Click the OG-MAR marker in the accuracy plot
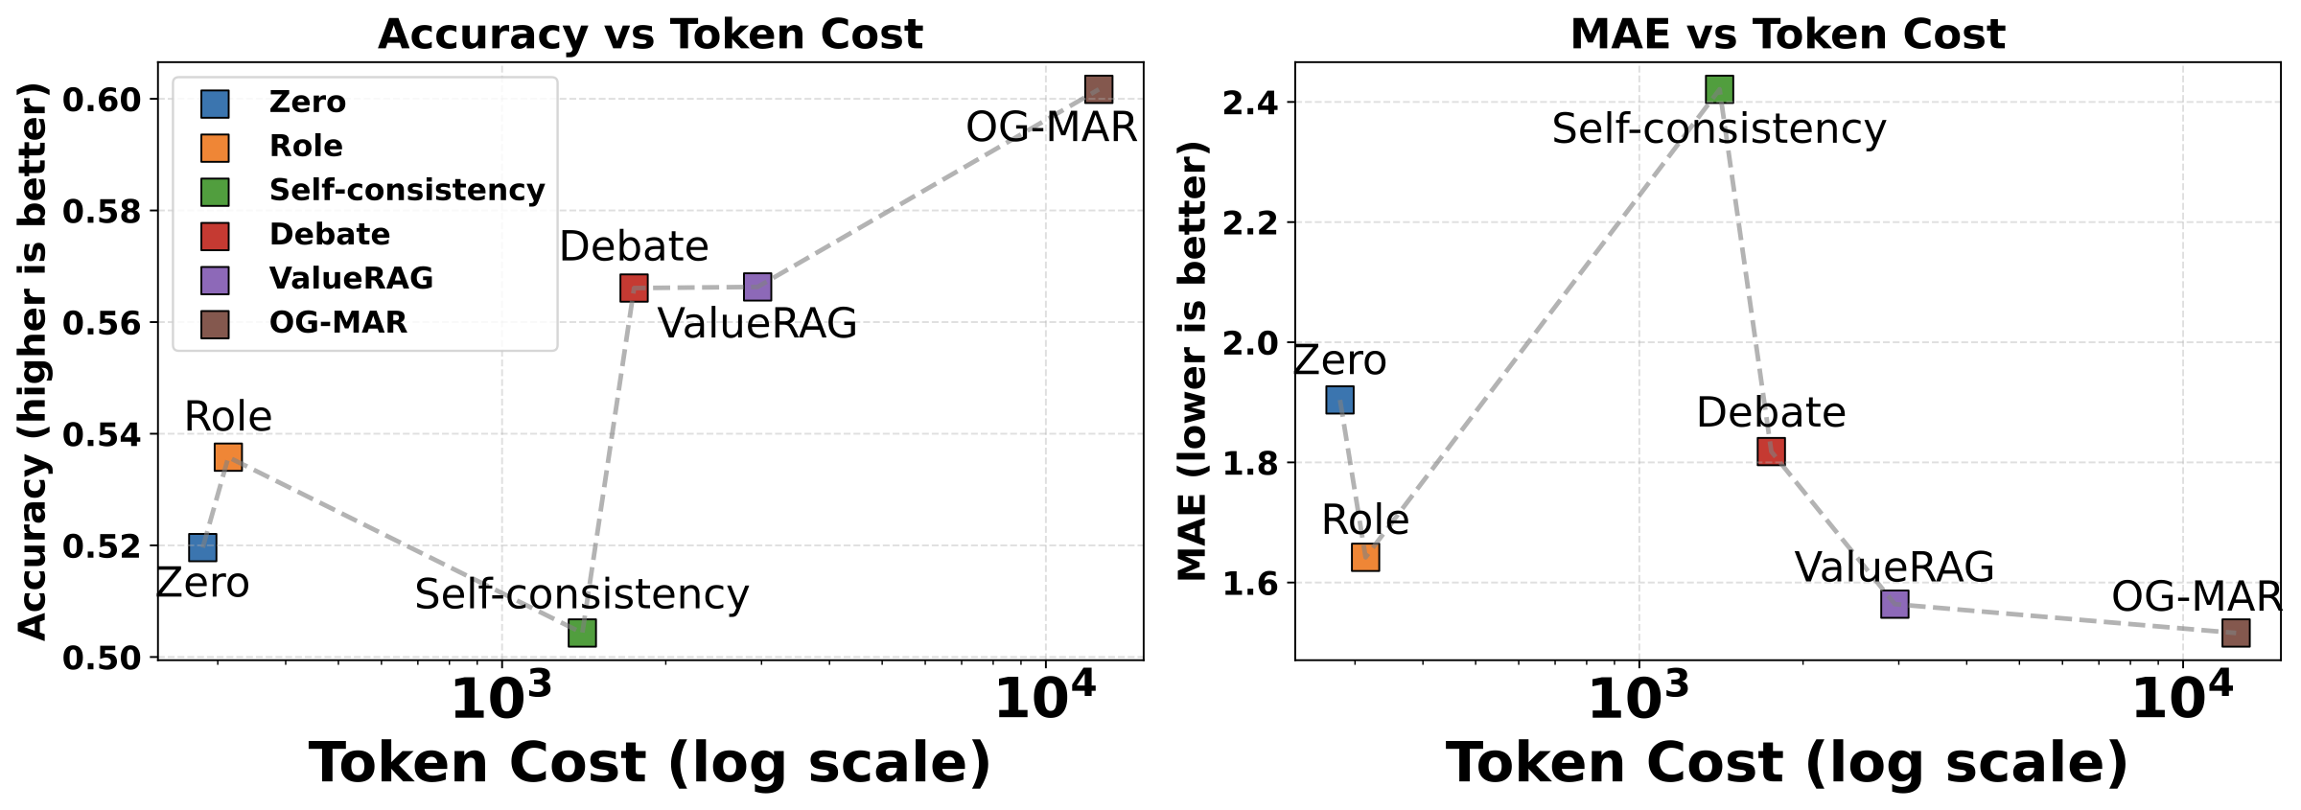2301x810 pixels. [x=1098, y=90]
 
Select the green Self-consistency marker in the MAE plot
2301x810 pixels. [x=1719, y=90]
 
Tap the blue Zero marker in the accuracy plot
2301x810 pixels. [x=202, y=547]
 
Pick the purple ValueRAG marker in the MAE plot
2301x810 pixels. [x=1894, y=604]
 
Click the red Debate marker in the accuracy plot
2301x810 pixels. [x=634, y=288]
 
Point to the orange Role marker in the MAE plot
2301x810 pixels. [x=1365, y=557]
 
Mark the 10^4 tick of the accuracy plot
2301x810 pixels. [x=1045, y=701]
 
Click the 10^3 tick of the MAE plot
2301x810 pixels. [x=1639, y=701]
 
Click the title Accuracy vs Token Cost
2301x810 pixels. [x=650, y=35]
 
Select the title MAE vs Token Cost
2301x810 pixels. [x=1787, y=35]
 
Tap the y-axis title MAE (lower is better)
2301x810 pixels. [x=1192, y=361]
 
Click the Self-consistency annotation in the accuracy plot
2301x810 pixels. [x=581, y=595]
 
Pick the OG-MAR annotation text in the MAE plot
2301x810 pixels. [x=2196, y=597]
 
